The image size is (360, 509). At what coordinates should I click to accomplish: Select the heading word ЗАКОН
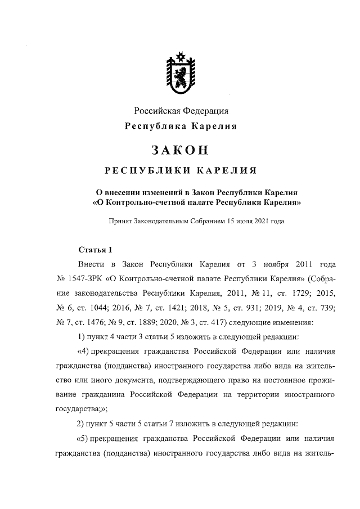coord(181,150)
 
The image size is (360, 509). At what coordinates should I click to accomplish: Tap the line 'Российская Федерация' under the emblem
coord(181,111)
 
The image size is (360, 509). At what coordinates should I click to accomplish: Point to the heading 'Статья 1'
coord(95,249)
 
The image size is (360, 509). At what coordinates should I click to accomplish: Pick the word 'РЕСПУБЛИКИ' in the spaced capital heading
coord(145,170)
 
